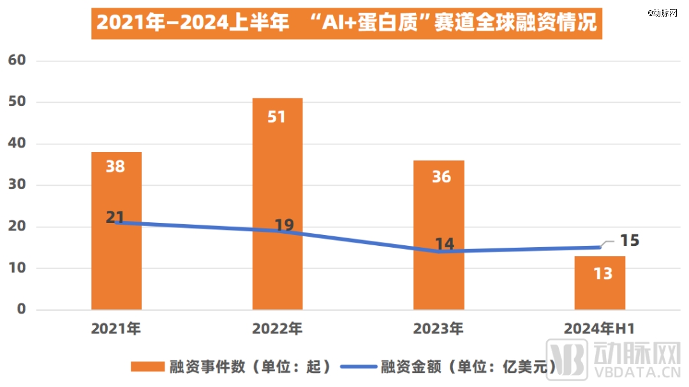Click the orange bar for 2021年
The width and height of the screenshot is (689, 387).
coord(116,268)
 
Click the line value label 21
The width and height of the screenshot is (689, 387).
coord(115,217)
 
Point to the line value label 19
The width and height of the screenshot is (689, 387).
coord(283,225)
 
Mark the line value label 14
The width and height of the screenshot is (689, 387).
coord(445,243)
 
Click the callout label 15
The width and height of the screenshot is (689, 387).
coord(629,241)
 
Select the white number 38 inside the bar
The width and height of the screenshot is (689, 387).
coord(115,167)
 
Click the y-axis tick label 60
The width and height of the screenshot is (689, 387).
coord(17,60)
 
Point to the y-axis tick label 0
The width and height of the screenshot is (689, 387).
coord(22,309)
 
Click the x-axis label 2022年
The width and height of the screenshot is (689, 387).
coord(277,330)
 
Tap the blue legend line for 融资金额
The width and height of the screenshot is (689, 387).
coord(359,367)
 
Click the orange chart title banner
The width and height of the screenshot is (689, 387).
coord(346,23)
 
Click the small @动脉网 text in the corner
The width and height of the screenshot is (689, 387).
coord(664,12)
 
